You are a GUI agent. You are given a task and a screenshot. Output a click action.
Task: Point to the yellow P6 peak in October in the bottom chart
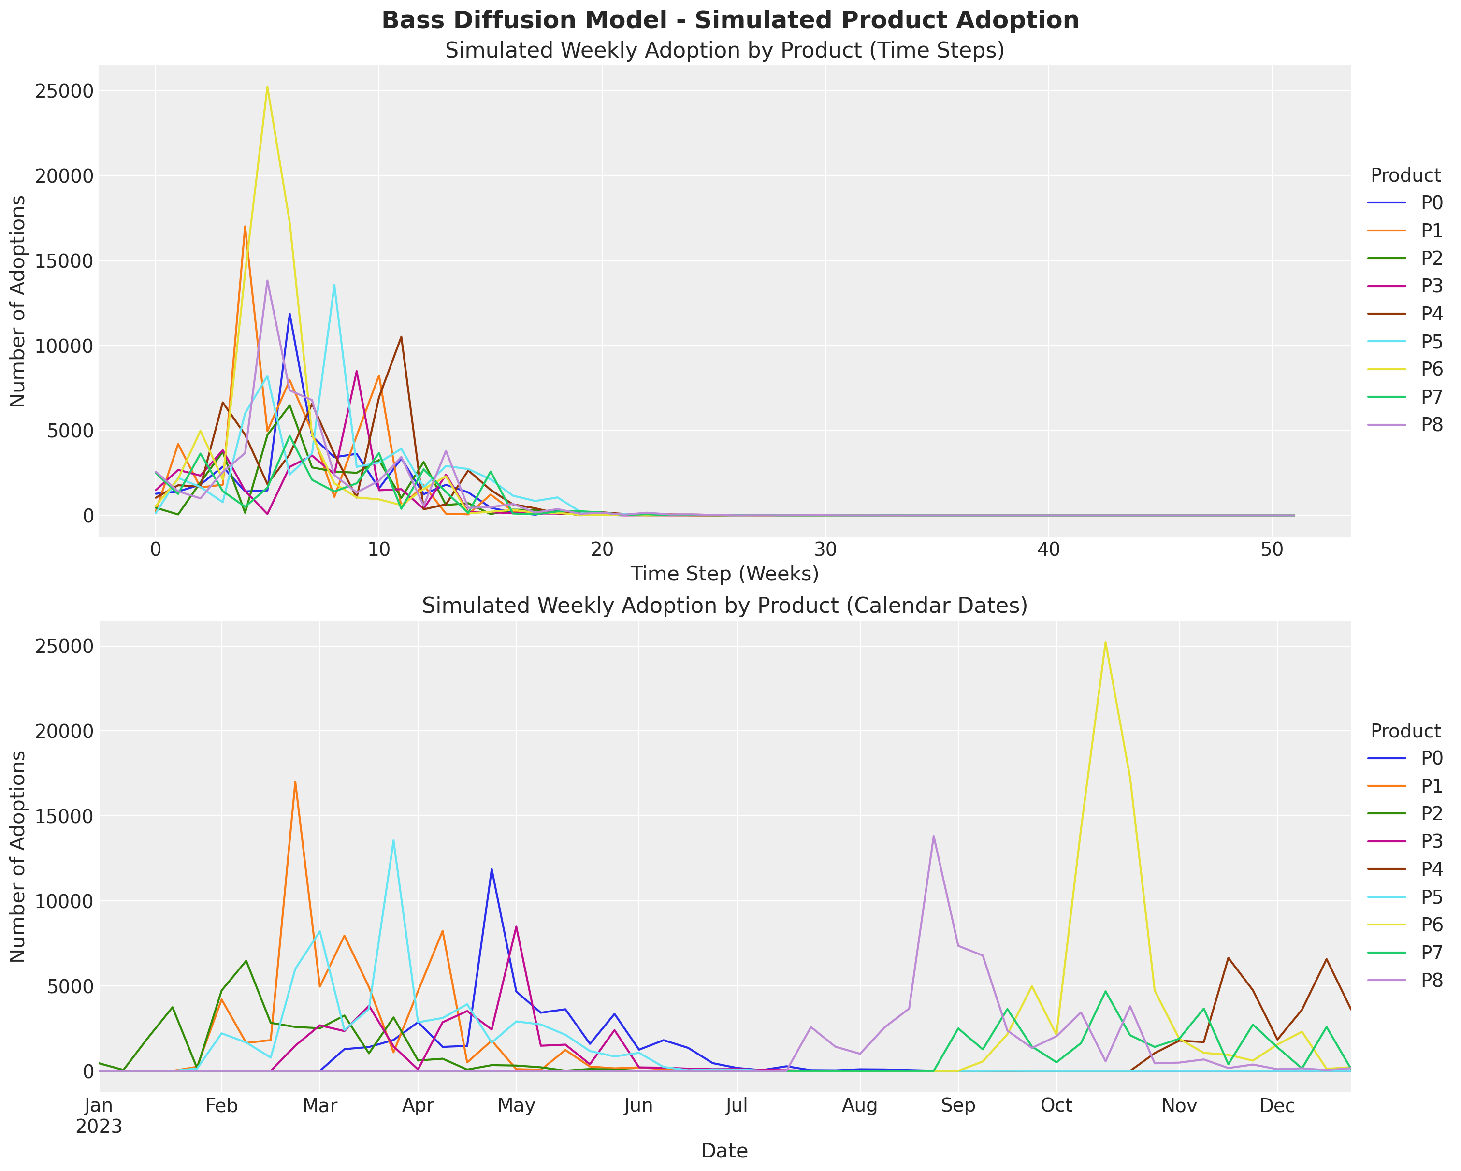[1105, 642]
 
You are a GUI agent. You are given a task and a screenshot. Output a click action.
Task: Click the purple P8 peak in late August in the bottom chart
[933, 836]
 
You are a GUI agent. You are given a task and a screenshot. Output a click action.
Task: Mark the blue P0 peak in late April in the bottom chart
[492, 869]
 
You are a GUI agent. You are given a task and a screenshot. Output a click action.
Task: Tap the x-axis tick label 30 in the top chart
[825, 549]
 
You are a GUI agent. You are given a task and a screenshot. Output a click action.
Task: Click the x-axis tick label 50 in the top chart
[1272, 549]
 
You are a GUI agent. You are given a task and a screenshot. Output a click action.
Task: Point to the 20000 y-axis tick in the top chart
[63, 176]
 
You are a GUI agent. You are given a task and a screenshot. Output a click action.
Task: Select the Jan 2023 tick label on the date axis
[99, 1116]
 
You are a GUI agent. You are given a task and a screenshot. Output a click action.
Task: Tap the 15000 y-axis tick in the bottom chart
[63, 817]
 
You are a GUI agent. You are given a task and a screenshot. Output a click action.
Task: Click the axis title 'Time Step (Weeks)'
[724, 574]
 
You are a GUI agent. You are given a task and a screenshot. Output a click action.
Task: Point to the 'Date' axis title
[724, 1151]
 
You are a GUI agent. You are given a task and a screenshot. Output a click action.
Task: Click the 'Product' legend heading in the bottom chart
[1405, 731]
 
